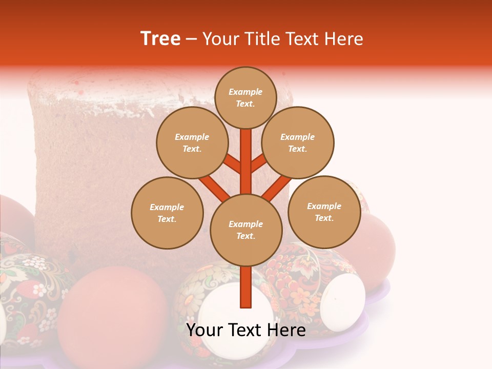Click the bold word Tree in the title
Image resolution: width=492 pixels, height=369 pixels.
pos(160,38)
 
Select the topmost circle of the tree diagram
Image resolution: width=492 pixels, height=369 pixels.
pos(245,97)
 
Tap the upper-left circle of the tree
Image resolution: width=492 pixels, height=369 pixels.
pos(192,143)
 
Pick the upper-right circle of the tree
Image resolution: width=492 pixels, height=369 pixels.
pos(298,142)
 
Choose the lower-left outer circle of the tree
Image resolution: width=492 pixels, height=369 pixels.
pos(167,213)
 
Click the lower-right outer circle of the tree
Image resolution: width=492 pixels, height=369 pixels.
pos(324,212)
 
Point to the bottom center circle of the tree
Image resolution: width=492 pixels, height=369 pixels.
pos(246,230)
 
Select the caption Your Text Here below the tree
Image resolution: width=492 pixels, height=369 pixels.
pos(245,330)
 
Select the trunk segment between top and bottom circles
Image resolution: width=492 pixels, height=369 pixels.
pos(246,161)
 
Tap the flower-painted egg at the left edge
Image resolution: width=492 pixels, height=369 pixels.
pos(31,292)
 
